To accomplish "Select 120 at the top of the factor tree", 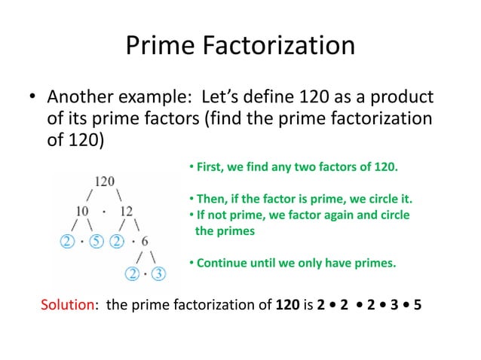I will point(105,181).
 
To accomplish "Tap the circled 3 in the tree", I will point(158,273).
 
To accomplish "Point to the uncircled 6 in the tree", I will point(144,242).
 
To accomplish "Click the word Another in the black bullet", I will point(80,99).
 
